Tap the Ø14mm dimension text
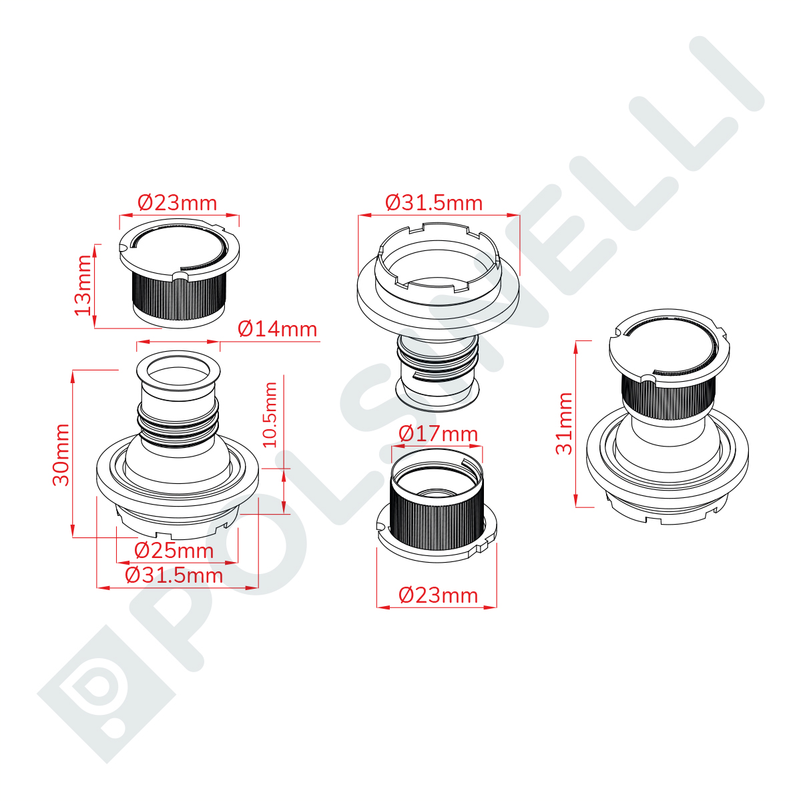(x=277, y=329)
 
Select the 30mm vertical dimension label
(x=61, y=455)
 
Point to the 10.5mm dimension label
(x=270, y=415)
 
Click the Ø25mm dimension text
(x=174, y=551)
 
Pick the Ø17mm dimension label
(x=438, y=434)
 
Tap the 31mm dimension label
(x=563, y=423)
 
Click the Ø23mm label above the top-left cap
(x=178, y=204)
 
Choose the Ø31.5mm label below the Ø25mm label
(x=174, y=575)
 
